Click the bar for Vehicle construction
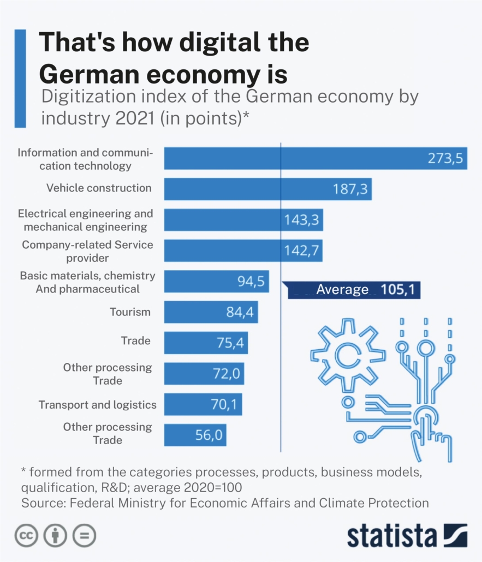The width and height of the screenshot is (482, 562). (x=267, y=189)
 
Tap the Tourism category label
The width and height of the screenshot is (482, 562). (x=130, y=312)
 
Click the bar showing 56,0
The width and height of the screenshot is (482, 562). (x=195, y=435)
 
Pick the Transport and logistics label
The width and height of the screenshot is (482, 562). (x=97, y=405)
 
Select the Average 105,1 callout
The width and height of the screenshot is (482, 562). (x=355, y=289)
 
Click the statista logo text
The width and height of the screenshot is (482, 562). (x=392, y=535)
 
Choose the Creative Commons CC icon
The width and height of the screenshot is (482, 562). (x=25, y=535)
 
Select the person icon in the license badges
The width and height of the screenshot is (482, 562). (x=55, y=535)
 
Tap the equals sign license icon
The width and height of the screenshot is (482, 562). (x=85, y=535)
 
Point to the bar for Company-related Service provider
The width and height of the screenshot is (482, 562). (x=243, y=250)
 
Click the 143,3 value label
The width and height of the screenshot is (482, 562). (x=302, y=220)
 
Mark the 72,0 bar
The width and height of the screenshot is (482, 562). (x=204, y=374)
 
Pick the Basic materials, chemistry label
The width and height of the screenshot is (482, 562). (x=87, y=276)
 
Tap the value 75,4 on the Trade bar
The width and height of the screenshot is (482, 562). (x=233, y=343)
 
